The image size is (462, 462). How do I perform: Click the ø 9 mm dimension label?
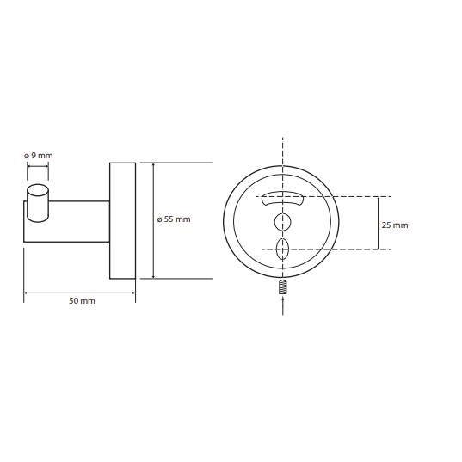[39, 156]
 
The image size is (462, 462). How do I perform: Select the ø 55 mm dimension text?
[174, 219]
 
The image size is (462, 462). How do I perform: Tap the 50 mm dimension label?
[82, 301]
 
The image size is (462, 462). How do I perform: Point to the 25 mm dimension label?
[395, 225]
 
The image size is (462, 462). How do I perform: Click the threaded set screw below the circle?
[282, 286]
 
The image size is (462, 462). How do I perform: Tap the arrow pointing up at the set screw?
[283, 305]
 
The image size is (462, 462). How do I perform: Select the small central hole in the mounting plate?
[282, 222]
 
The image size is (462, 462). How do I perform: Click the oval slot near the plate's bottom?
[282, 249]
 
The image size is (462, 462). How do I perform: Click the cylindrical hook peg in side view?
[38, 203]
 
